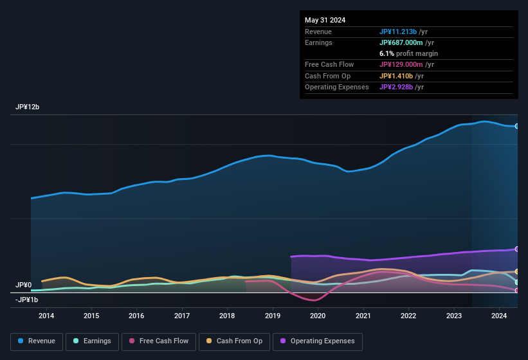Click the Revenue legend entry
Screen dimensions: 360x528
(x=37, y=341)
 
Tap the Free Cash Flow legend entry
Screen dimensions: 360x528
(x=159, y=341)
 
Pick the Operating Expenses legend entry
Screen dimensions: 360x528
(x=317, y=341)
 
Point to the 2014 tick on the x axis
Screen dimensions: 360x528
(x=46, y=316)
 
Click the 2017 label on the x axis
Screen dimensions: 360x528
(x=182, y=316)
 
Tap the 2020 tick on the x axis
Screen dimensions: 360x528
(x=318, y=316)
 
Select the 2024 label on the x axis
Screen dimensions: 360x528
(x=499, y=316)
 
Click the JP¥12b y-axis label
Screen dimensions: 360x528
(x=28, y=107)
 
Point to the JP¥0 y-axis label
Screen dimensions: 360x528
(x=24, y=285)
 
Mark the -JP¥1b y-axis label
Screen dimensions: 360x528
(x=28, y=300)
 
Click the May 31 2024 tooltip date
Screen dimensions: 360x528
(x=325, y=20)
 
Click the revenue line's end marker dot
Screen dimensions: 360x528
(x=516, y=126)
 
